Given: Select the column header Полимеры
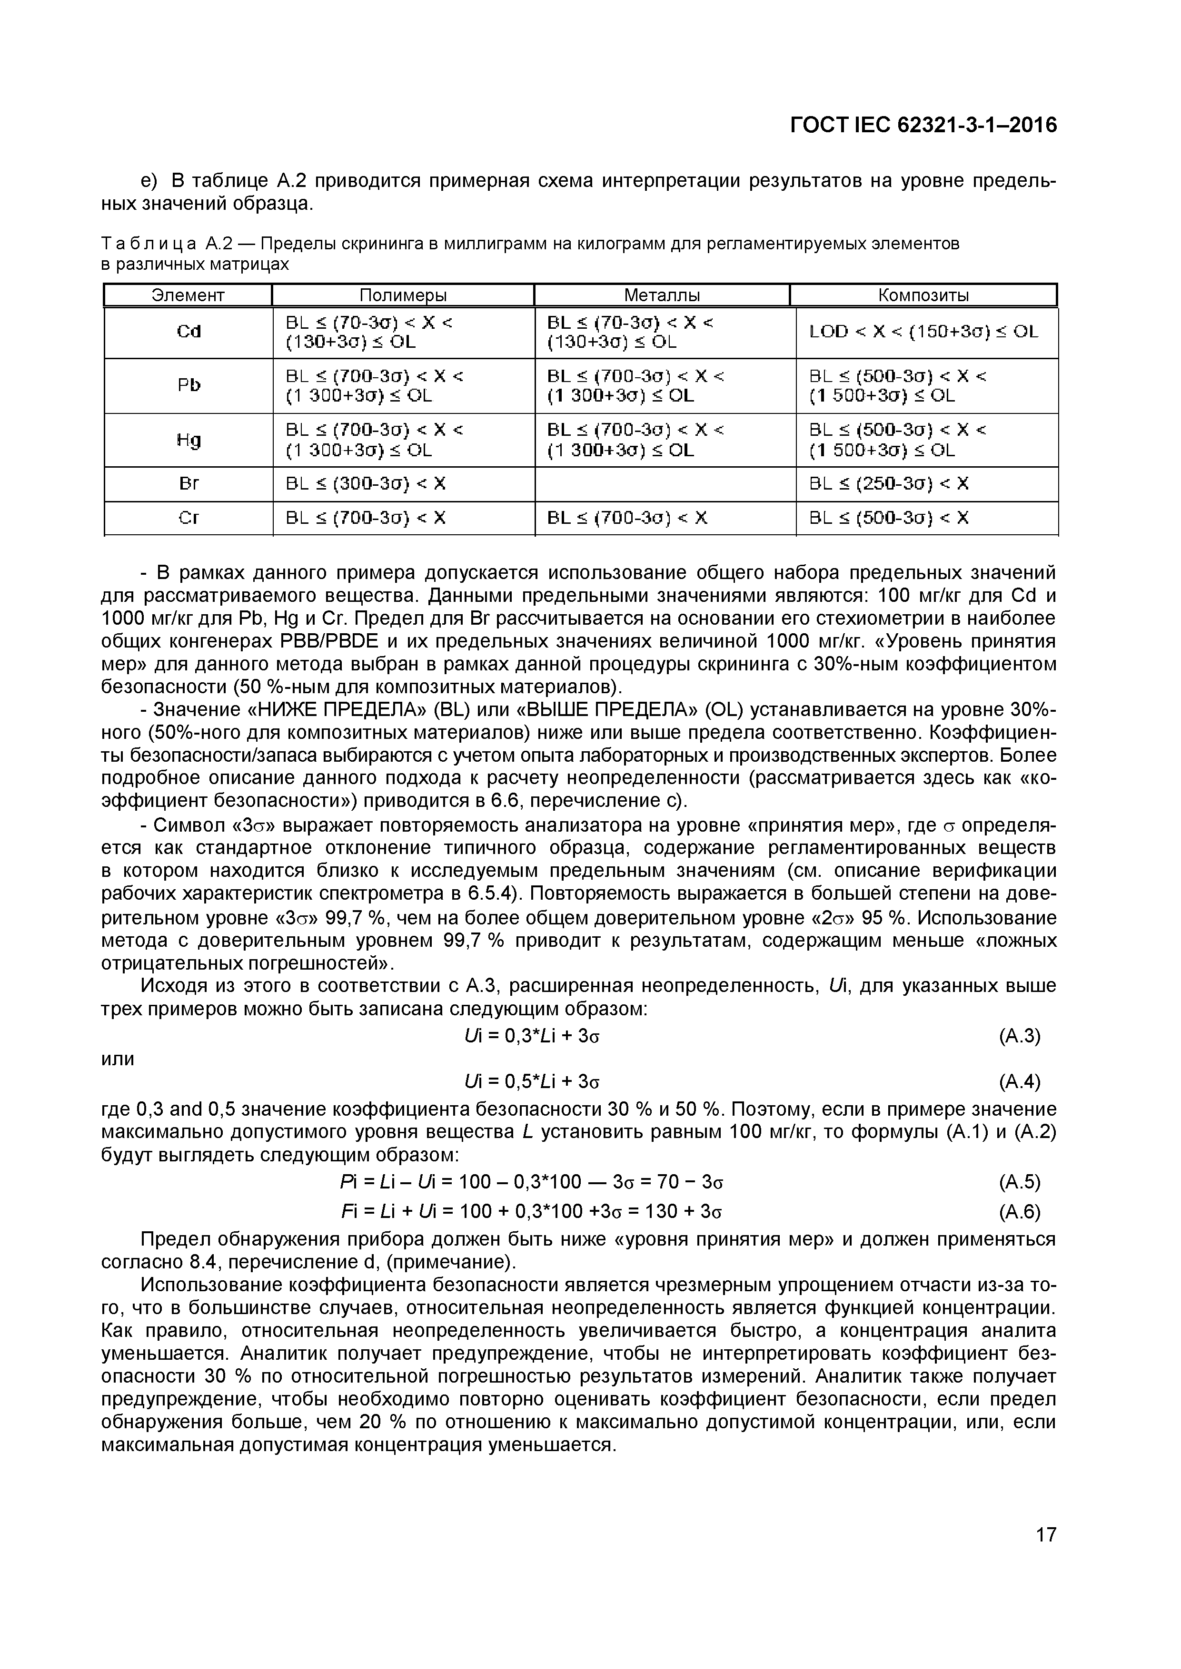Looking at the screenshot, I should click(x=403, y=295).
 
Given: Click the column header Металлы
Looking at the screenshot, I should click(x=662, y=295).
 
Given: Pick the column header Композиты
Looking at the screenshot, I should click(x=923, y=295).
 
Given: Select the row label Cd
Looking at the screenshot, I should click(x=189, y=332).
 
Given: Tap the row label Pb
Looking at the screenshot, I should click(x=189, y=385).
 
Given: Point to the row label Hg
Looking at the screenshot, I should click(x=189, y=440).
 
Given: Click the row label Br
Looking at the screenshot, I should click(x=189, y=483).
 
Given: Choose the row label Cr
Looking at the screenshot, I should click(x=189, y=518).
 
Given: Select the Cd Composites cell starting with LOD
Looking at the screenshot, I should click(x=923, y=332).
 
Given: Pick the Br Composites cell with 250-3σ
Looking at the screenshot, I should click(x=889, y=483).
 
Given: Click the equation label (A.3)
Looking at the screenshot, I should click(x=1020, y=1036).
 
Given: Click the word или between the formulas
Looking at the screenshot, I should click(x=117, y=1059).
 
